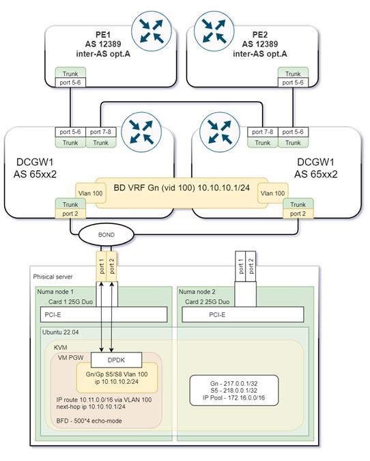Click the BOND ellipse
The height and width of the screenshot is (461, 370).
tap(106, 235)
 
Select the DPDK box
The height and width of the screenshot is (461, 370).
tap(116, 360)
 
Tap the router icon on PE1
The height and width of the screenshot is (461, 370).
tap(152, 31)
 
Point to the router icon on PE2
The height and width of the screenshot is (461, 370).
tap(214, 31)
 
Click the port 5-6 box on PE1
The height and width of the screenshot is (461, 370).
tap(70, 83)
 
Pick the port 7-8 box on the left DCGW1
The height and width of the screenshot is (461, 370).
tap(101, 132)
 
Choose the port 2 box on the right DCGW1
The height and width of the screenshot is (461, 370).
tap(298, 214)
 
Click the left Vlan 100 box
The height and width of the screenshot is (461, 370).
tap(91, 193)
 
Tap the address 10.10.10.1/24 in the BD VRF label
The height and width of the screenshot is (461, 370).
tap(224, 188)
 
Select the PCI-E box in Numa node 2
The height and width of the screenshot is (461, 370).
tap(243, 315)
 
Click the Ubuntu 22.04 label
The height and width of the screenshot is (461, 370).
tap(61, 332)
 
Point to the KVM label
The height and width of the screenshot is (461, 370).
tap(61, 348)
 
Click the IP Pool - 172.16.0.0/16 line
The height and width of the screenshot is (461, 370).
tap(233, 397)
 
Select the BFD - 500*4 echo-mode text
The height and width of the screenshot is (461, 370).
tap(89, 421)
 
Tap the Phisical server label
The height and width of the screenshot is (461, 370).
tap(53, 277)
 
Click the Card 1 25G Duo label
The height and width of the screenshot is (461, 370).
tap(70, 302)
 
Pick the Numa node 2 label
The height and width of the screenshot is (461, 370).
tap(197, 292)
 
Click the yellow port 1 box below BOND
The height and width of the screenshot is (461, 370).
tap(102, 266)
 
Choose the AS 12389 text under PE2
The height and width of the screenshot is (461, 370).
tap(260, 44)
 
